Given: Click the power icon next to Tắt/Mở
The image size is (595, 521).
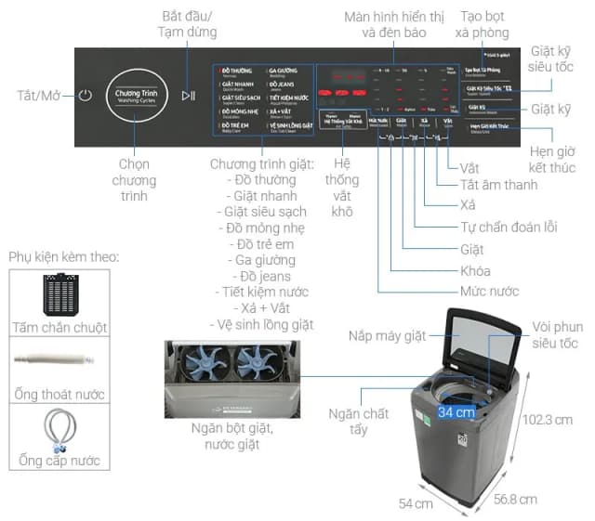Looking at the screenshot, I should [86, 96].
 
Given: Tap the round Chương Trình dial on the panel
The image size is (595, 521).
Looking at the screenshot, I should [138, 96].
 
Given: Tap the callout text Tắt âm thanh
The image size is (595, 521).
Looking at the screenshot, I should [499, 185].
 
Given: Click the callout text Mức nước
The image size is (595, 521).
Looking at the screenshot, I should [489, 291].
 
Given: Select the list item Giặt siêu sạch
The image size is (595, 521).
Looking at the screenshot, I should [261, 212].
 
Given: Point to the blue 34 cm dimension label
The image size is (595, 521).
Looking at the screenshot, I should [456, 410].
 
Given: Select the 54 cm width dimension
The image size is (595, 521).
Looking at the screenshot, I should [416, 503].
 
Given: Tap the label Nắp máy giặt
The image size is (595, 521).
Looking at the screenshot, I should [388, 334].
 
